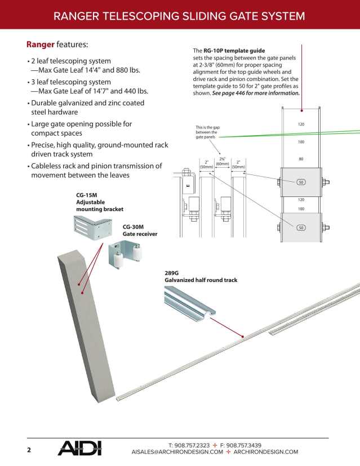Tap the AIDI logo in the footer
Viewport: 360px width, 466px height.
click(79, 449)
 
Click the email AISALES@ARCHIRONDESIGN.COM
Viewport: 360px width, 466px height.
click(177, 452)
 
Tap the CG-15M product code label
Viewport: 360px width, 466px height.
click(87, 195)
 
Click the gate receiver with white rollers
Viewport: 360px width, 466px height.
click(127, 255)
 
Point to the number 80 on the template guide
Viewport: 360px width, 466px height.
click(301, 159)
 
